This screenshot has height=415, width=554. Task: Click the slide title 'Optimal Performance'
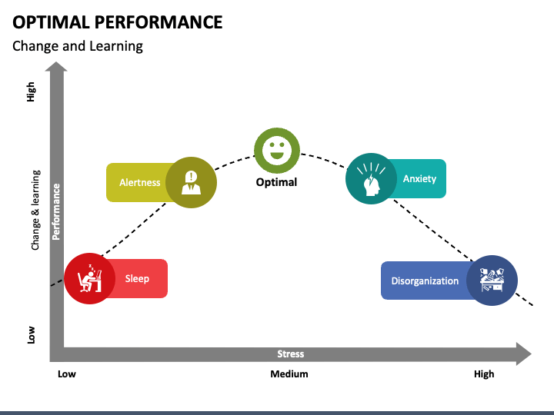coord(117,22)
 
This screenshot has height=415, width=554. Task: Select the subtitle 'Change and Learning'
coord(77,46)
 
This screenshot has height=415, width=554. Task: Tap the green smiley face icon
coord(277,151)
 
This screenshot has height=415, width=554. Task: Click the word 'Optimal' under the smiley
coord(276,182)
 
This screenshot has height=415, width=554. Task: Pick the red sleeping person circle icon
coord(89,278)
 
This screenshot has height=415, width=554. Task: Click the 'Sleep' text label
coord(137,279)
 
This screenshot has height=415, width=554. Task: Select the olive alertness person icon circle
coord(191,183)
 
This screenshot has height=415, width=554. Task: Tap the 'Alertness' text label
coord(140,183)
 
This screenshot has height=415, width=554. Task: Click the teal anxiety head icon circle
coord(371,179)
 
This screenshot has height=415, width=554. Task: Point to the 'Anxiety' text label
coord(419,179)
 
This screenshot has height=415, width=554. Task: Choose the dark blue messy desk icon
coord(492,281)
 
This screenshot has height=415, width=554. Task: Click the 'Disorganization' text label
coord(425,281)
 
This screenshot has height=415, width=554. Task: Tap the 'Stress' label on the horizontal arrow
coord(290,354)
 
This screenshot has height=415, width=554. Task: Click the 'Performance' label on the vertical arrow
coord(56,211)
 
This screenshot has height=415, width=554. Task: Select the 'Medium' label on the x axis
coord(289,374)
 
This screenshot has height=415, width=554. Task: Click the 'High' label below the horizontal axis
coord(484,374)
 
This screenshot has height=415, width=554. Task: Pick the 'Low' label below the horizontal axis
coord(67,374)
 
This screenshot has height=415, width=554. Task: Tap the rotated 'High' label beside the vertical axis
coord(32,93)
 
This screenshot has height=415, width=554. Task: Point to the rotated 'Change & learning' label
coord(35,210)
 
